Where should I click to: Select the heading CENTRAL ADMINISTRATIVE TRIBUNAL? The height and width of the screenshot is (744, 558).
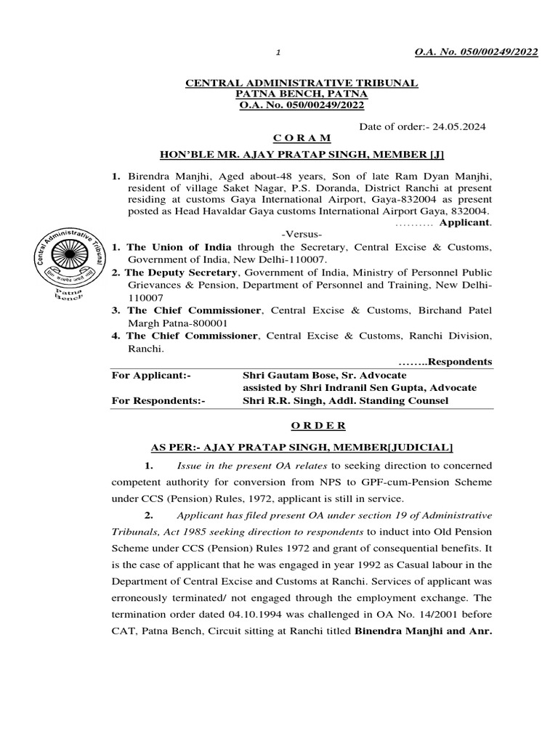302,84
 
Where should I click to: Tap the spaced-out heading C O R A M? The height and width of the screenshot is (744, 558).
302,138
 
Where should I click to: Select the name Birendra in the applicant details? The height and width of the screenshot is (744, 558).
150,176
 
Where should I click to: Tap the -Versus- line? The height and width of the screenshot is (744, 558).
302,234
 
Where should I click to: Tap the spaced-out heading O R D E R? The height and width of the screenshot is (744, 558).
302,426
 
